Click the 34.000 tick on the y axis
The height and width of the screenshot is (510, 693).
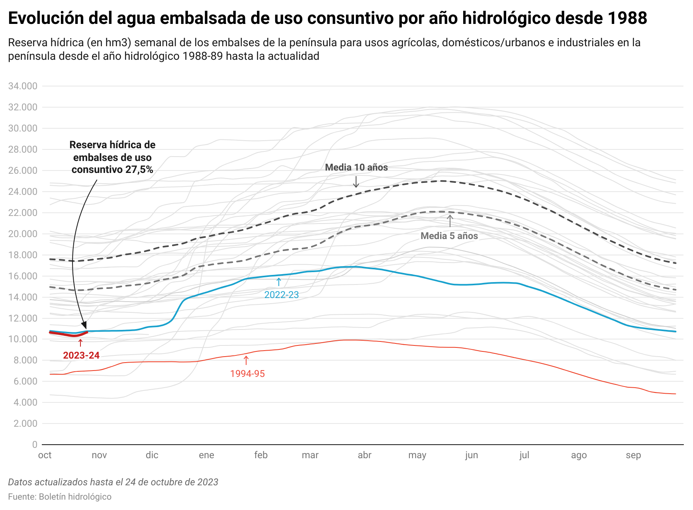tap(23, 86)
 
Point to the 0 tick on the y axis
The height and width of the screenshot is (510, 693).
tap(35, 445)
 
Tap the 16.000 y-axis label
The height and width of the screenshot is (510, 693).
tap(23, 276)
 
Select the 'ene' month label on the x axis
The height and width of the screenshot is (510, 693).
tap(206, 455)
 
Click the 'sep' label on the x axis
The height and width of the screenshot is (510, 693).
tap(633, 455)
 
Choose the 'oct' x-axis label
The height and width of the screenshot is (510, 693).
tap(45, 455)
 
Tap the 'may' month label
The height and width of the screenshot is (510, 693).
tap(417, 455)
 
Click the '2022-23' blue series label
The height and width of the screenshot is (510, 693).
tap(282, 295)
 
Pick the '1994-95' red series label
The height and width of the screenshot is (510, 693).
tap(247, 374)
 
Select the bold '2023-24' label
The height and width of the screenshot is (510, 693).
tap(81, 355)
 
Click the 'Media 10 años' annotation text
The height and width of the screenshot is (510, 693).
tap(356, 167)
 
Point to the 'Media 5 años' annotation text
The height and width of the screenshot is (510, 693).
tap(449, 236)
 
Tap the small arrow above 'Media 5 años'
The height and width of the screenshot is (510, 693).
tap(450, 221)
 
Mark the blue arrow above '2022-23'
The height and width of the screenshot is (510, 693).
tap(279, 282)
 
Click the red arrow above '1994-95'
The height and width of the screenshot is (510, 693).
tap(246, 360)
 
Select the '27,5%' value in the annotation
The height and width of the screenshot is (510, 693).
tap(139, 170)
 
